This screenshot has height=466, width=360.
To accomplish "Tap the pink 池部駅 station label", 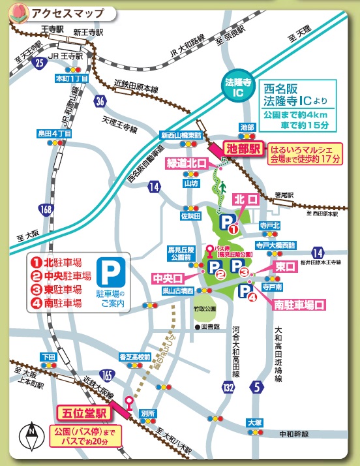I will (242, 148).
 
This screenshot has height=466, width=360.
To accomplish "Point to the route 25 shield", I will (40, 63).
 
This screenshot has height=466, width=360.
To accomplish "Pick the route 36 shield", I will (99, 101).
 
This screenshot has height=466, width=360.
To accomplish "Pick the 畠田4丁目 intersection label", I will (54, 133).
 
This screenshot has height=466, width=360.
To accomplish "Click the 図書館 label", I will (209, 325).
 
